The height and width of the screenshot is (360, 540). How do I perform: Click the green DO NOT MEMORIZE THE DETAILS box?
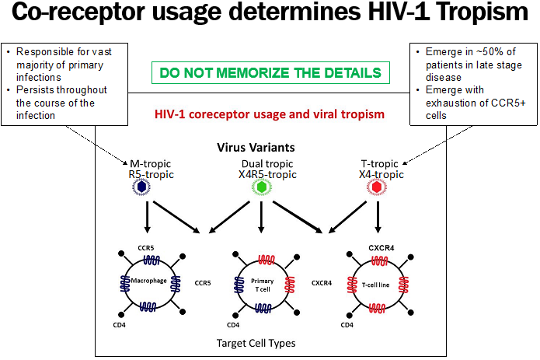270,73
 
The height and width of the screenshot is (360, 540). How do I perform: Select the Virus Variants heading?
262,147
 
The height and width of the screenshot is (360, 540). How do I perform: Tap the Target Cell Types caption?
262,342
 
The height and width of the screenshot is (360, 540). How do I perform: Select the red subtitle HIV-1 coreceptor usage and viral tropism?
269,114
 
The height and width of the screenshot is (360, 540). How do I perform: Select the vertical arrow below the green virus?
262,219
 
